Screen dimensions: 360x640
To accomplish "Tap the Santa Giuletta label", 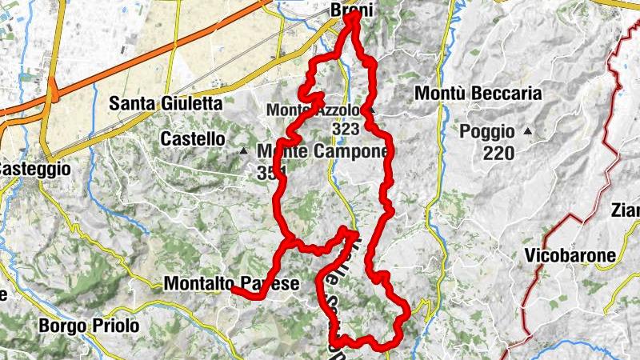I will [x=166, y=102].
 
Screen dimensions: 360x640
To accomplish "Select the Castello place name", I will [x=193, y=138].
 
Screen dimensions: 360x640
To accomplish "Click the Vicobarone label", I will [x=571, y=256].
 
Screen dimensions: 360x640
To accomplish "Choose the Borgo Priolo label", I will [x=89, y=326].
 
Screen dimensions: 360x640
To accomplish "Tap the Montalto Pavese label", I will [x=231, y=283].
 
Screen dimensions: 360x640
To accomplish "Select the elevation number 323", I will [x=346, y=127].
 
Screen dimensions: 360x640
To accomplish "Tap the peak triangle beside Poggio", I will [x=528, y=130].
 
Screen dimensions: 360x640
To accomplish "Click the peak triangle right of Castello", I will [x=243, y=150].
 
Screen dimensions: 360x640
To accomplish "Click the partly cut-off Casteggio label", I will [x=35, y=170].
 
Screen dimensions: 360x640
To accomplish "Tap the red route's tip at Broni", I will [x=352, y=14].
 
